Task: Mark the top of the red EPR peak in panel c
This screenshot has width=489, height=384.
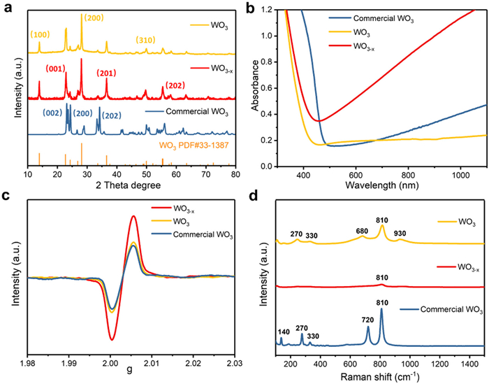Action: point(133,216)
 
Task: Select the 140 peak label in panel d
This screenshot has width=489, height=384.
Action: point(282,332)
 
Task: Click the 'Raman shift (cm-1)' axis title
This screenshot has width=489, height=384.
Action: point(381,376)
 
